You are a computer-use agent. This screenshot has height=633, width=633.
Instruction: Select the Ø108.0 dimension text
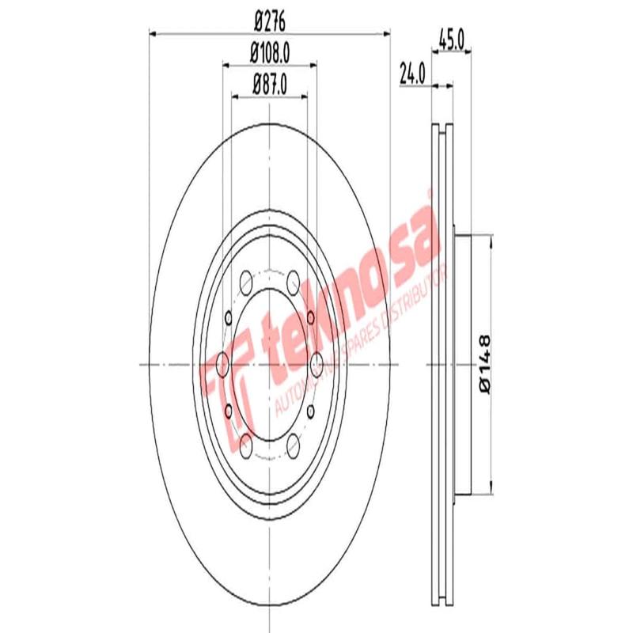pyautogui.click(x=270, y=52)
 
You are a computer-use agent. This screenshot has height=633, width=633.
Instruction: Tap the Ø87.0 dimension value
pyautogui.click(x=270, y=81)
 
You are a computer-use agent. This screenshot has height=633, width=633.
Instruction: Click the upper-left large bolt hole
pyautogui.click(x=245, y=280)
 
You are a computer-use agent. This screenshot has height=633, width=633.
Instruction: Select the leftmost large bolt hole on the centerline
pyautogui.click(x=222, y=365)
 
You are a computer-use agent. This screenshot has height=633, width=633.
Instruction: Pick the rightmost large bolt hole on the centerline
pyautogui.click(x=318, y=365)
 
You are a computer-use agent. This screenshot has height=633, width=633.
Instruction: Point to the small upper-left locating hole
pyautogui.click(x=229, y=318)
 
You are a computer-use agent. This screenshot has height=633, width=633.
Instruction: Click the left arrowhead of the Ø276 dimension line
pyautogui.click(x=154, y=32)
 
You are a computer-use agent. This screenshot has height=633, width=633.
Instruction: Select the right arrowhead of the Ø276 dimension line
pyautogui.click(x=386, y=32)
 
